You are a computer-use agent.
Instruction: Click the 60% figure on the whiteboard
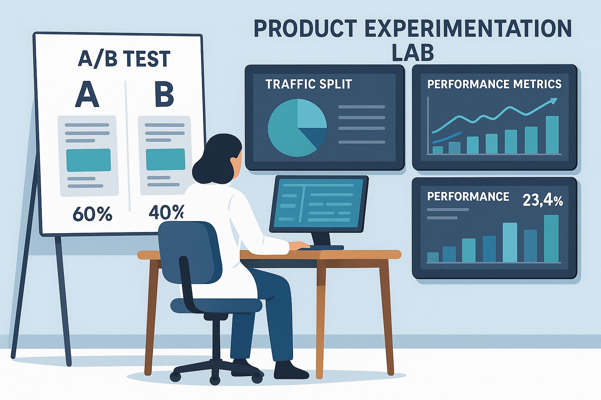[92, 214]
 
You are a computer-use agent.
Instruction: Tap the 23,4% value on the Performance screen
[543, 200]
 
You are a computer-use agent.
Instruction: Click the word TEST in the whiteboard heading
[147, 59]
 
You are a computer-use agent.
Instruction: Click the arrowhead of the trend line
[553, 101]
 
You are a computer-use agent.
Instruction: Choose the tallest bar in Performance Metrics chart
[552, 135]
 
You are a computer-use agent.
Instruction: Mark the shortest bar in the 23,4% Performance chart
[433, 257]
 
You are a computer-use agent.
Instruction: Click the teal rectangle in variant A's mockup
[88, 160]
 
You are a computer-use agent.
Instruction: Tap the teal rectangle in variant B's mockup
[165, 159]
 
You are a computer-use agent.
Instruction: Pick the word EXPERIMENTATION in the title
[468, 29]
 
